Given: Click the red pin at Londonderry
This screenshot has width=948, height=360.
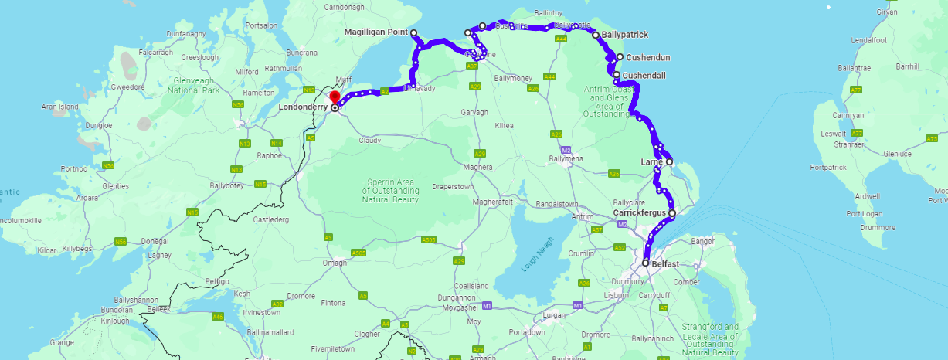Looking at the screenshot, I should point(335,97).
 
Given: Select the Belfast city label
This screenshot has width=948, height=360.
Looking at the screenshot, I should point(665,263).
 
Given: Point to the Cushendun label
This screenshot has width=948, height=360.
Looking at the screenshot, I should point(647,57).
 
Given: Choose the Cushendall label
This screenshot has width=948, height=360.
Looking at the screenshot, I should point(644,75).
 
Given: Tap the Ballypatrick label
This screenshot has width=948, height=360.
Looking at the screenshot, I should point(624,35).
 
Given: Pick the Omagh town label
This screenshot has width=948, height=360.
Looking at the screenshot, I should point(335,263).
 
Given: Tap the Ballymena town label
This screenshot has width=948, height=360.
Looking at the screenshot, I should point(567,158).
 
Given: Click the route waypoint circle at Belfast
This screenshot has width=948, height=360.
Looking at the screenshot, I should point(645,263).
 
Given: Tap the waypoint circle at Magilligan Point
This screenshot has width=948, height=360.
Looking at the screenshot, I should point(414,32).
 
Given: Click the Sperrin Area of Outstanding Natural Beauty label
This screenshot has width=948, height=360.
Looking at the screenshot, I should point(391,190).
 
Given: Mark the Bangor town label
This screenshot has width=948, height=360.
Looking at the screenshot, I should point(704,241).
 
